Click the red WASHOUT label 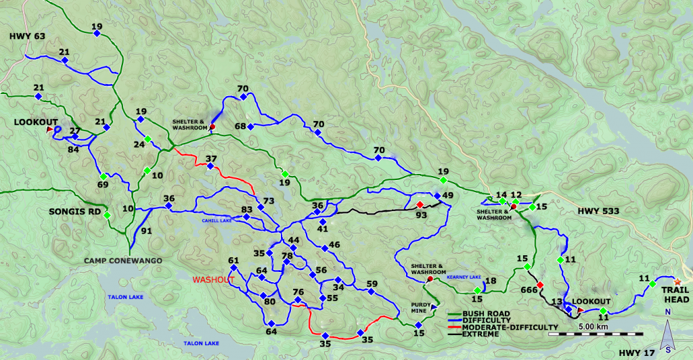coord(213,279)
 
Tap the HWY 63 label coord(28,35)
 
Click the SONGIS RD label coord(76,212)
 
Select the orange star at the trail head coord(677,281)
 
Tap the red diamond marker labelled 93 coord(420,205)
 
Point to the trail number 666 coord(529,290)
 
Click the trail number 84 coord(72,149)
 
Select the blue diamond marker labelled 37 coord(210,166)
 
